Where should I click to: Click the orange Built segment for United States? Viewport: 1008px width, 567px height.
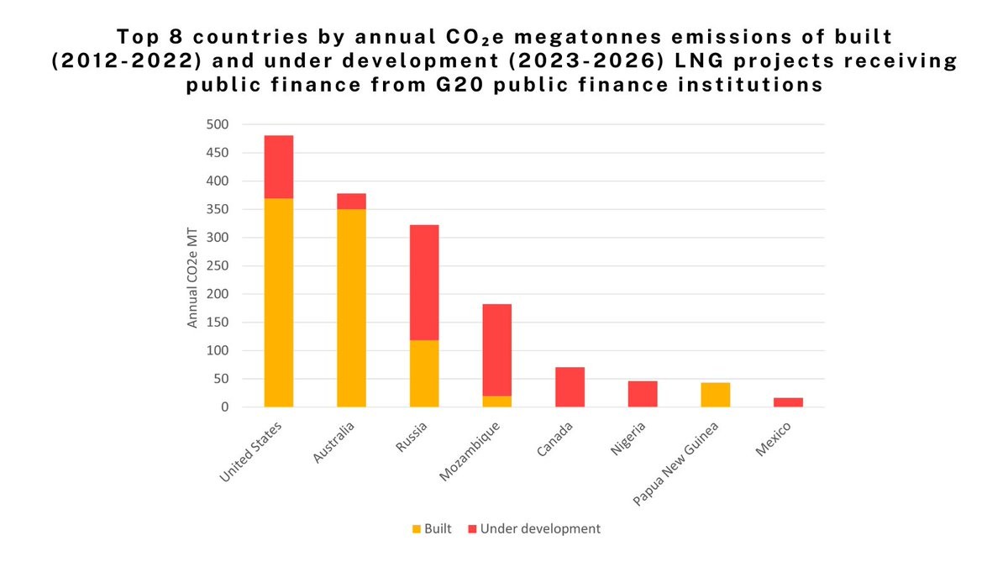[x=279, y=302]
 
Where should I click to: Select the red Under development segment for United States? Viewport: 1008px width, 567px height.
[x=279, y=166]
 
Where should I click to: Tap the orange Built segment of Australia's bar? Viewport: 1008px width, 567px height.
[x=351, y=307]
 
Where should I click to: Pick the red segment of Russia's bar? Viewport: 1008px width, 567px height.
[x=424, y=282]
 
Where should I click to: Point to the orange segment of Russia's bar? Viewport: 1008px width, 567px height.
[x=424, y=373]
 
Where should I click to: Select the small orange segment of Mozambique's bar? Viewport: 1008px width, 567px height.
[x=496, y=401]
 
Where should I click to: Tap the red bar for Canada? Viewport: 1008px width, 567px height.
[x=570, y=386]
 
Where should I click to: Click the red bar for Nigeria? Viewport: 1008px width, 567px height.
[x=643, y=394]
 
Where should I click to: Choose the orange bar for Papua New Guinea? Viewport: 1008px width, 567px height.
[x=716, y=395]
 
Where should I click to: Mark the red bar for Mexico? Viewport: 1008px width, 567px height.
[x=788, y=402]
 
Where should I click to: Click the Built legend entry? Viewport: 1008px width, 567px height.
[x=433, y=528]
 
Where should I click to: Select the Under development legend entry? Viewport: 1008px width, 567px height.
[x=534, y=528]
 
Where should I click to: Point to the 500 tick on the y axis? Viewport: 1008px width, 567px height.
[x=218, y=124]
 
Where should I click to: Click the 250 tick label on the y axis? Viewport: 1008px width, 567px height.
[x=218, y=265]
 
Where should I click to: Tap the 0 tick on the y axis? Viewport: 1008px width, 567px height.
[x=224, y=407]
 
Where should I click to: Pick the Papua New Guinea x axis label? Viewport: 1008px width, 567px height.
[x=681, y=462]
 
